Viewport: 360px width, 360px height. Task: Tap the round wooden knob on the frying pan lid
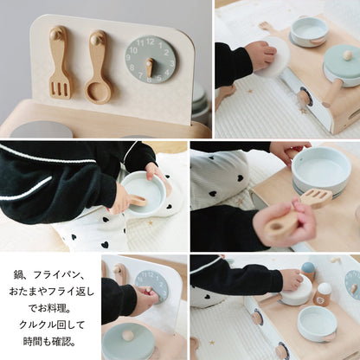coord(347,55)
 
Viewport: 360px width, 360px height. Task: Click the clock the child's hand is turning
coord(152,286)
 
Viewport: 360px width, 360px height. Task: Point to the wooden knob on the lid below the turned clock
coord(128,335)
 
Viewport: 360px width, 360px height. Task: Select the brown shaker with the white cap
coord(323,294)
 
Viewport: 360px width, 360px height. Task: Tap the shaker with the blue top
coord(308,272)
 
